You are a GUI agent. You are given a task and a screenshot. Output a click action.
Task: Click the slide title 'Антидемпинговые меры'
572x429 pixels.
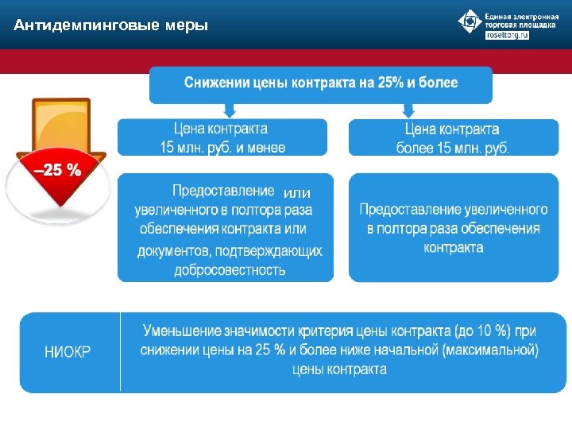(111, 26)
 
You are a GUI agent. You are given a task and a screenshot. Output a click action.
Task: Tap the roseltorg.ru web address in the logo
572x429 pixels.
(507, 36)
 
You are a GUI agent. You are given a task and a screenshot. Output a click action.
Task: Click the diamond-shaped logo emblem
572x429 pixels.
(470, 21)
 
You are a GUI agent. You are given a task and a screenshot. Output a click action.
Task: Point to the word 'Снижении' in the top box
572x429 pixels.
(217, 83)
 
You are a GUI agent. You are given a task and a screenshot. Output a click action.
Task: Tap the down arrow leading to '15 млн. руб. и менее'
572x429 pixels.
(230, 110)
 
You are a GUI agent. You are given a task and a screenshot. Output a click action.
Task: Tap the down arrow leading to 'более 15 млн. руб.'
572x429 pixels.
(409, 110)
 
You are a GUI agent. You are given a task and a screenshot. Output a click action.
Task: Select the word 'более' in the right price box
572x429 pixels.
(415, 148)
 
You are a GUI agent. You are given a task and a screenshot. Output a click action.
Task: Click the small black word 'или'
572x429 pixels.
(297, 193)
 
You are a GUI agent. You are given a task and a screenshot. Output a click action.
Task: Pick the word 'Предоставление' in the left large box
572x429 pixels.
(223, 191)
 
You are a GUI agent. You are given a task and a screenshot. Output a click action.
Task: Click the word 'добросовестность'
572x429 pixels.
(230, 270)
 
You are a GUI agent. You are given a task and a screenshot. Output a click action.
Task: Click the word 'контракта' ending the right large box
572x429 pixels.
(454, 247)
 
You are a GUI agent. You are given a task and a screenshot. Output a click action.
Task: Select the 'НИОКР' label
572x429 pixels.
(68, 353)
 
